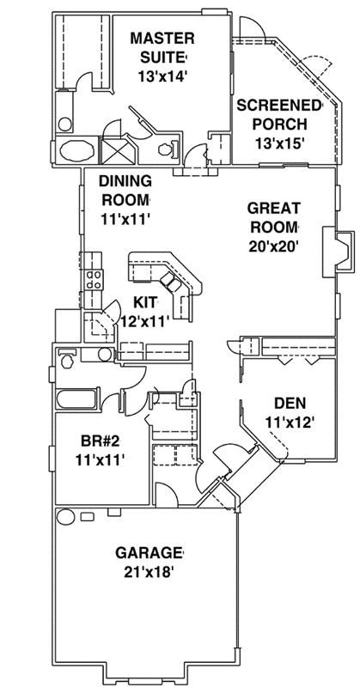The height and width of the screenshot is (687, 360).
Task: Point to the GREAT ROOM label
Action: [273, 216]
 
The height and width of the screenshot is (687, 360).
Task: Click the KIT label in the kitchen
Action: [147, 301]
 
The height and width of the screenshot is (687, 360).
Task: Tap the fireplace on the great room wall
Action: [340, 249]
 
